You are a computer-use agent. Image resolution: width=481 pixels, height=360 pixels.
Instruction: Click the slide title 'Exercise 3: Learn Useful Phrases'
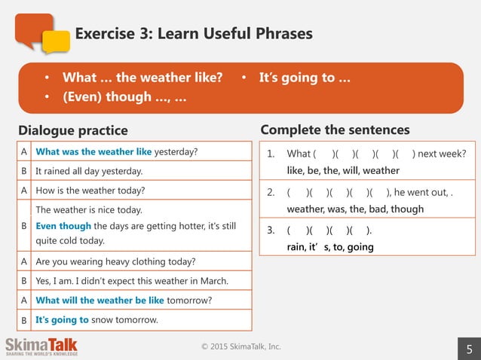click(x=193, y=34)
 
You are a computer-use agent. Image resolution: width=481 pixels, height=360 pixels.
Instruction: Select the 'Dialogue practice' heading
click(x=73, y=130)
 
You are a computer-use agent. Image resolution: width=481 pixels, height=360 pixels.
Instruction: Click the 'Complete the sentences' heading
click(x=335, y=130)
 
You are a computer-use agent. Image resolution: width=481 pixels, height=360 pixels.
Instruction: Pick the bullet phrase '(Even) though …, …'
click(x=124, y=96)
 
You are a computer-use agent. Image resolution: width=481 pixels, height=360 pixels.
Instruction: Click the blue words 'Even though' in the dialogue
click(x=63, y=225)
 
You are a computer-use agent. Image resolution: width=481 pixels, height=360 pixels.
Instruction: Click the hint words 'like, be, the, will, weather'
click(x=343, y=170)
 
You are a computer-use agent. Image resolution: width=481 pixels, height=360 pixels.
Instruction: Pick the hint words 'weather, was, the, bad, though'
click(x=355, y=209)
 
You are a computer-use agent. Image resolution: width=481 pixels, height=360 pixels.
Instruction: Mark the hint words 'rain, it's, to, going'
click(x=329, y=246)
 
